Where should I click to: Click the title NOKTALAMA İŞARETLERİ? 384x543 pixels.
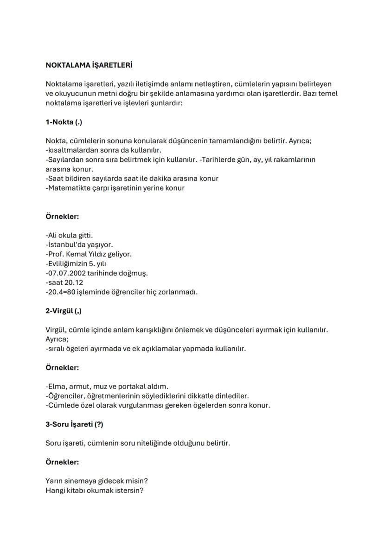89,65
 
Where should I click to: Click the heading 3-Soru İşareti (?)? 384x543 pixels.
74,424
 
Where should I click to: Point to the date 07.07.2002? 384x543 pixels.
64,273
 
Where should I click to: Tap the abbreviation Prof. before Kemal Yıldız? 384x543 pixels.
56,254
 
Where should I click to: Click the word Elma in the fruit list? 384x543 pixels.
56,386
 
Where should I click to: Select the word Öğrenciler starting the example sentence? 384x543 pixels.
64,396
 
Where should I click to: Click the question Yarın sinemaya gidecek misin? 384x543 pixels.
100,481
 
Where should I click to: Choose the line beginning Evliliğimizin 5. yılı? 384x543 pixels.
77,264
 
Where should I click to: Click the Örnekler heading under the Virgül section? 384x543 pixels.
62,368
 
